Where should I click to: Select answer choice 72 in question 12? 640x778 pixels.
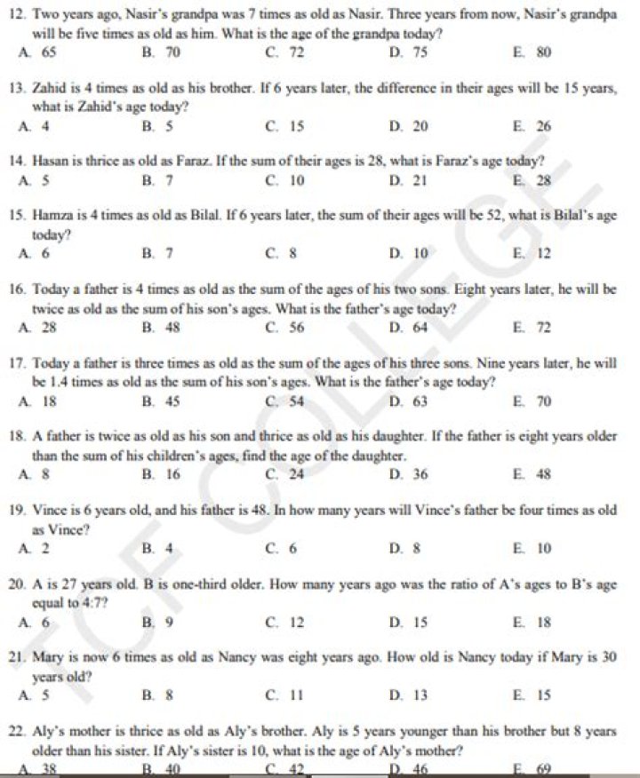(297, 52)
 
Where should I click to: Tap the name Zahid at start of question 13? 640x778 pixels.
(48, 91)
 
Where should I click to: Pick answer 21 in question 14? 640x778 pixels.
(420, 179)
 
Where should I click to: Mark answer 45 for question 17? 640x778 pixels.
(172, 401)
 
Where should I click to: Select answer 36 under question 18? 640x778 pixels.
(420, 474)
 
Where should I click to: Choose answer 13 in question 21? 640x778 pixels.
(420, 695)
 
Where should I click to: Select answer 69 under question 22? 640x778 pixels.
(543, 769)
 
